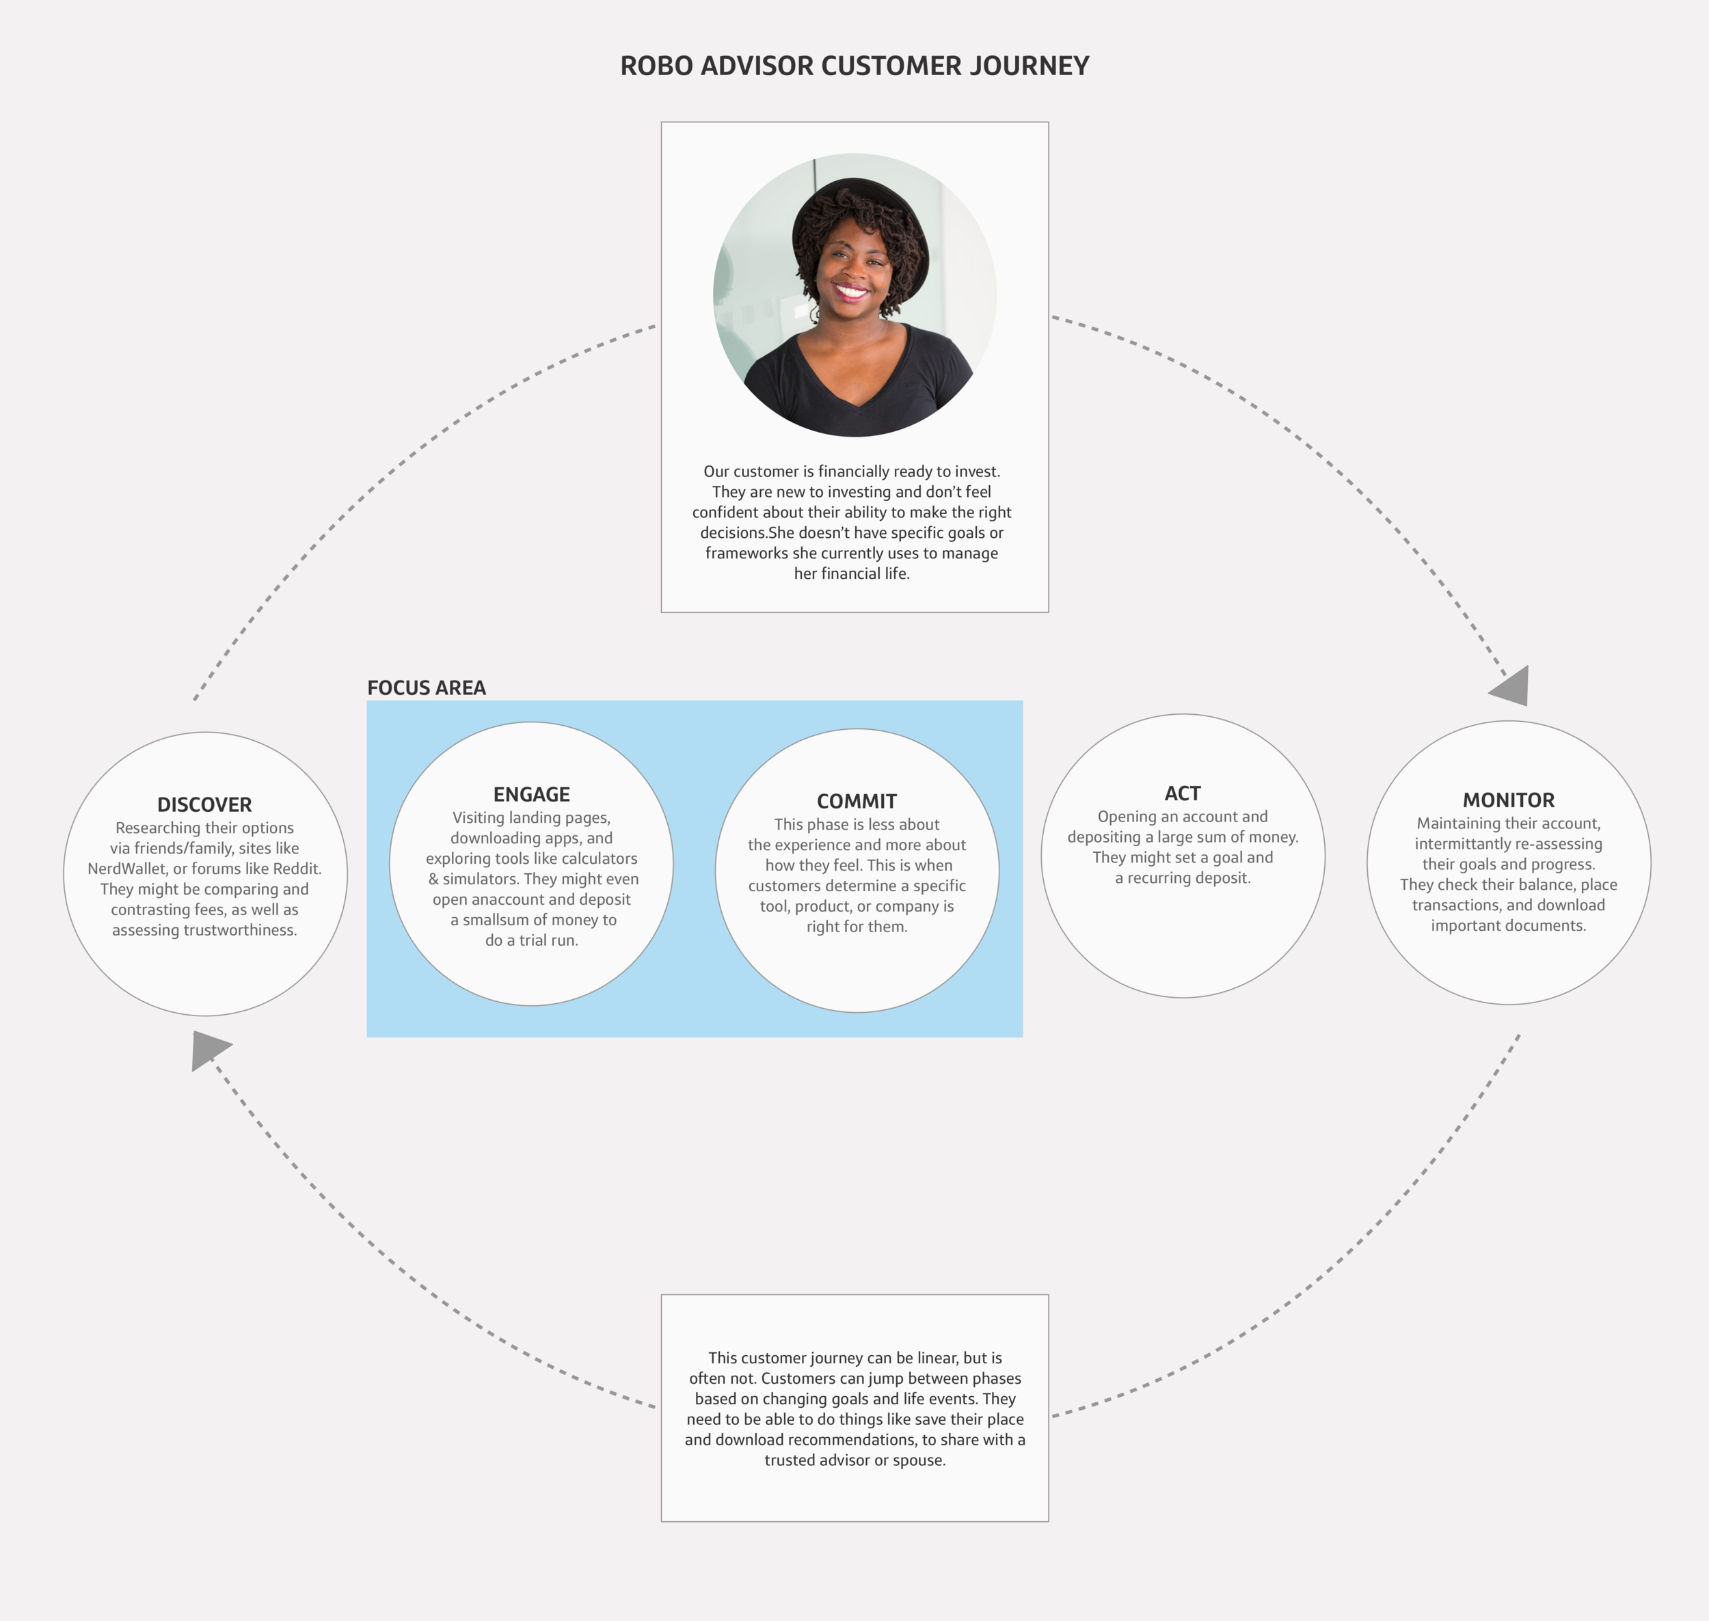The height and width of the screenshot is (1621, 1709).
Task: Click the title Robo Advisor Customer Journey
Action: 854,66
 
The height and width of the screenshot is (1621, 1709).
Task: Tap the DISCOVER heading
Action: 205,804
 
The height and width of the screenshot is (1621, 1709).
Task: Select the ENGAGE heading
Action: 532,794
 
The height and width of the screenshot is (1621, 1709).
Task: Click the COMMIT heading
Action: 857,801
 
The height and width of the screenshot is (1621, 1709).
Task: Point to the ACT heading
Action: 1182,793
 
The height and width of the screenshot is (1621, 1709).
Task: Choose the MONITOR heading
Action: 1509,800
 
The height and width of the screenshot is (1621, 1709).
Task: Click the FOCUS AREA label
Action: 426,687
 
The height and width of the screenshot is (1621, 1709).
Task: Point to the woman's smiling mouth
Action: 852,291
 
